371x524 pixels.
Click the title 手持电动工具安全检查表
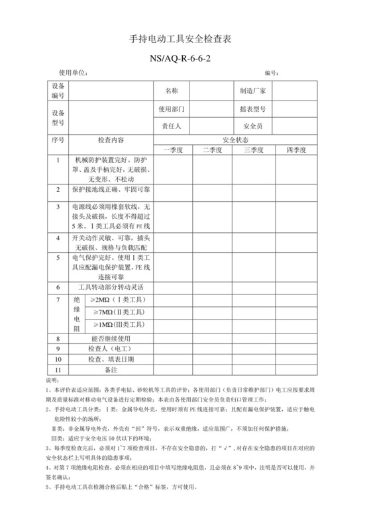pos(185,40)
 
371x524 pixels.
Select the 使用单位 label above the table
pos(73,72)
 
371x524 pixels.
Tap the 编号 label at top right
pos(271,72)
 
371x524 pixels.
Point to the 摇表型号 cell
pos(253,109)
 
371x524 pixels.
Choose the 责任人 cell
pos(172,126)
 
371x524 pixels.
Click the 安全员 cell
pos(253,126)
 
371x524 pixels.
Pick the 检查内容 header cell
pos(111,140)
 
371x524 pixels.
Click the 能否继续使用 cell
pos(111,338)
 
